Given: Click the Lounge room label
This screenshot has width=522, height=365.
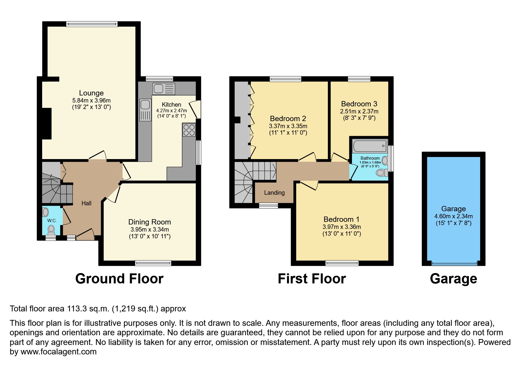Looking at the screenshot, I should [91, 93].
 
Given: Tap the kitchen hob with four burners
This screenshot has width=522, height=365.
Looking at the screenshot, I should [189, 130].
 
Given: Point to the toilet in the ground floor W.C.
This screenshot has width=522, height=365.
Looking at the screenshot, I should [52, 229].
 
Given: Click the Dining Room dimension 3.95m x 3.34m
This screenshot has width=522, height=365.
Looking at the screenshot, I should [150, 229].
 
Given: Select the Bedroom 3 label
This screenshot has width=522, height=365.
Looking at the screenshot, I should [359, 104].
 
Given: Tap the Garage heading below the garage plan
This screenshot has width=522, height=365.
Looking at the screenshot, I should [453, 279].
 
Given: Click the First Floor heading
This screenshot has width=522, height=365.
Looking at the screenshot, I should [312, 279].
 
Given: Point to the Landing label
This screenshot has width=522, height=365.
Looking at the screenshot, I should [274, 193].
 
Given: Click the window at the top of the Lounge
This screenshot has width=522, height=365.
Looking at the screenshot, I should [92, 24].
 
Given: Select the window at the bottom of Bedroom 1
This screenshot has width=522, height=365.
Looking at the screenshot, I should [342, 263].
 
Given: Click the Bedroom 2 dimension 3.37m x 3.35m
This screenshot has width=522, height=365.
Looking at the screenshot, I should [288, 126].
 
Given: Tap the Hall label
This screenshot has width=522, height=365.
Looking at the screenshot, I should [86, 203].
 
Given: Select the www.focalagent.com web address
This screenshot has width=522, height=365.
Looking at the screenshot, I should [58, 352].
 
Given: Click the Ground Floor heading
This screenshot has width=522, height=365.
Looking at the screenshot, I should [119, 279].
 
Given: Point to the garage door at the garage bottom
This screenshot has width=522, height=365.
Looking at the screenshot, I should [454, 263].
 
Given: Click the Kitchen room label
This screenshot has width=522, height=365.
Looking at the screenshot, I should [171, 105].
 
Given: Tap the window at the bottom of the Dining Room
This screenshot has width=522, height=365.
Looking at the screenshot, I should [153, 263].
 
